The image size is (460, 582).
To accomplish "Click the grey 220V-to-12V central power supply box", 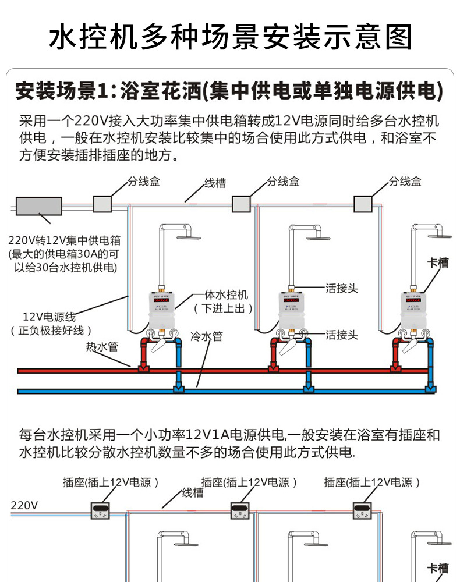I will [39, 207].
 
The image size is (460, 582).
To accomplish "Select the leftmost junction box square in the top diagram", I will [102, 203].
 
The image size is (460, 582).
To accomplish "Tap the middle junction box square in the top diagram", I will [241, 203].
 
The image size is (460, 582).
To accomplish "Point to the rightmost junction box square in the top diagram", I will [363, 203].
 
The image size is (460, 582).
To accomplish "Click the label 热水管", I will [102, 347].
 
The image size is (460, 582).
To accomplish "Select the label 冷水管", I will [206, 336].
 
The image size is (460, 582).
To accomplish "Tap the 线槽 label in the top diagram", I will [215, 183].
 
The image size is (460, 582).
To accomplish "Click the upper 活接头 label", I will [342, 288].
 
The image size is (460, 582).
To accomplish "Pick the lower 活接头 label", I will [342, 335].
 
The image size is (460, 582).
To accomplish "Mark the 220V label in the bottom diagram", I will [24, 505].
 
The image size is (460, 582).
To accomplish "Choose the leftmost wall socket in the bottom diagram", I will [101, 510].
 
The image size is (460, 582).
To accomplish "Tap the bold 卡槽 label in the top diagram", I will [438, 263].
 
